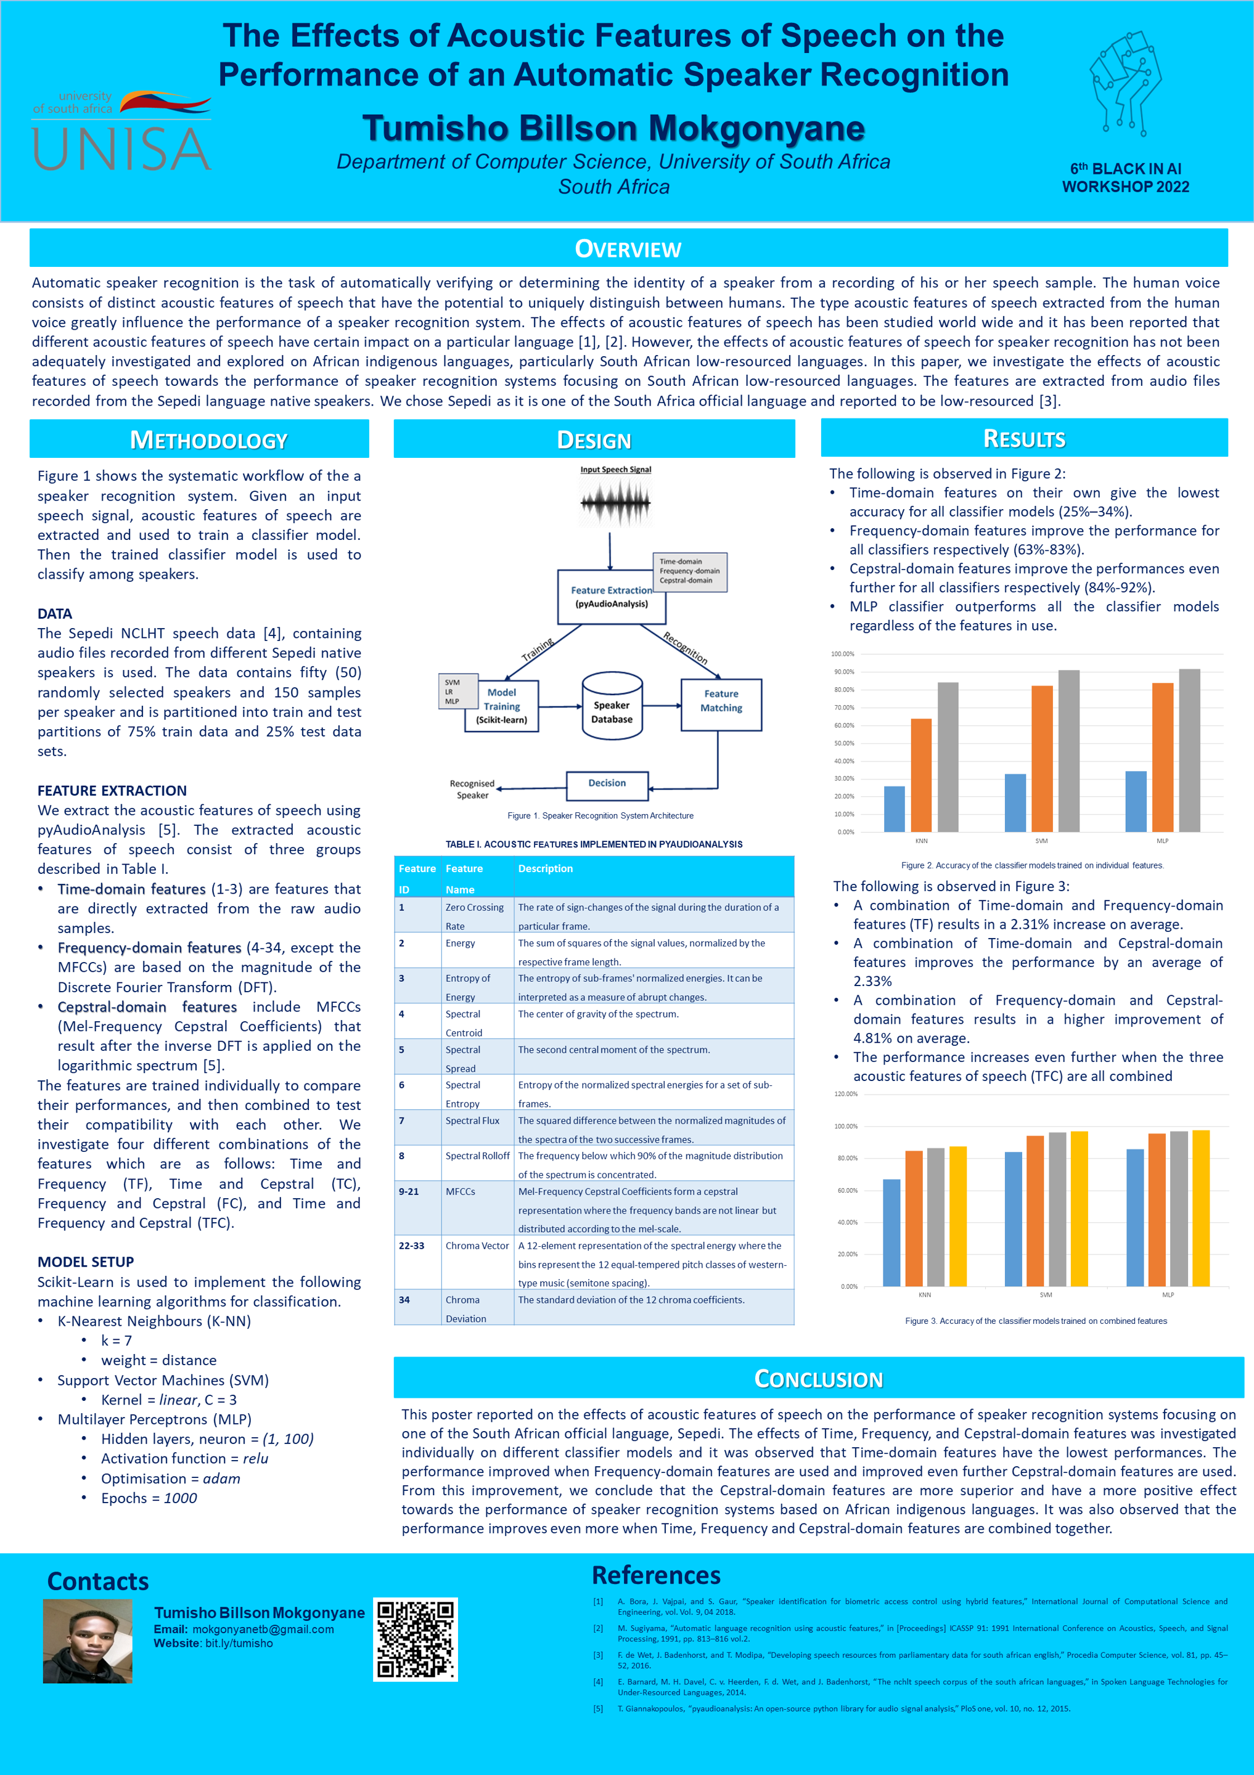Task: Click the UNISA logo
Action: [x=121, y=131]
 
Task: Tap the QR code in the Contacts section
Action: [x=415, y=1639]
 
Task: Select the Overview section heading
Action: [x=628, y=249]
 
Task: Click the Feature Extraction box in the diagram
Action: [x=611, y=597]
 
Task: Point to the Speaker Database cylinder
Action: [x=612, y=706]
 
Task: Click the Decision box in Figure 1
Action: [x=607, y=785]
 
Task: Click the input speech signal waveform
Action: [x=615, y=502]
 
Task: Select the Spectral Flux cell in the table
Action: [x=472, y=1120]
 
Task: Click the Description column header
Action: [x=545, y=868]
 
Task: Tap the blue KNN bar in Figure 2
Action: [x=894, y=809]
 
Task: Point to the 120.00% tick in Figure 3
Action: [x=846, y=1094]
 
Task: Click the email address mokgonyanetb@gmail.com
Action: [x=263, y=1630]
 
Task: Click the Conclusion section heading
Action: [x=818, y=1379]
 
